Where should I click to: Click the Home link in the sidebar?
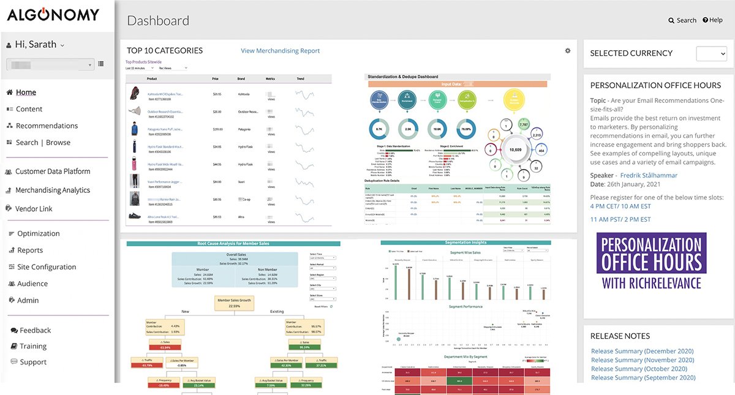pos(26,92)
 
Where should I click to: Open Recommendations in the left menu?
pos(47,126)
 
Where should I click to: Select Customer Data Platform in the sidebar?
pos(53,171)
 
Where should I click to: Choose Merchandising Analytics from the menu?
pos(53,190)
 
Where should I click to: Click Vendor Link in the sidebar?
pos(34,209)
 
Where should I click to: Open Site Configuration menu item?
pos(47,267)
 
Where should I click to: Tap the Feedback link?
pos(35,330)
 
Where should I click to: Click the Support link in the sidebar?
pos(33,362)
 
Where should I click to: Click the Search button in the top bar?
pos(682,20)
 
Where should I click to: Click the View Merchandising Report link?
pos(280,51)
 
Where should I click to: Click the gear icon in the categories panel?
pos(568,51)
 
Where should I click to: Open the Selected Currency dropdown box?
pos(711,54)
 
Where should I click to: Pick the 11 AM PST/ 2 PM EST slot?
pos(620,219)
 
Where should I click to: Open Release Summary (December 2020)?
pos(642,352)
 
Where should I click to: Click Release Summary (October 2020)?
pos(639,369)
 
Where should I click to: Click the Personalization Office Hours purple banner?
pos(652,261)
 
